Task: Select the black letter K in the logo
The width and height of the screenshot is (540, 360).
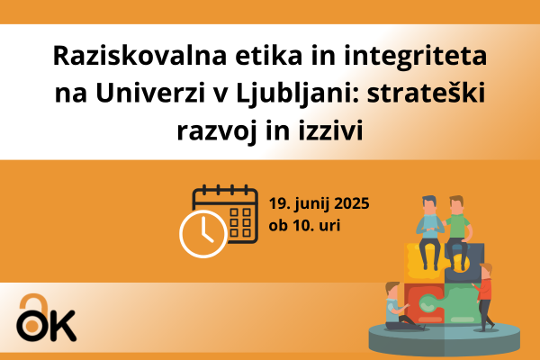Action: point(62,325)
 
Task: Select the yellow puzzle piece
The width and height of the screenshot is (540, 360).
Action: point(416,256)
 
